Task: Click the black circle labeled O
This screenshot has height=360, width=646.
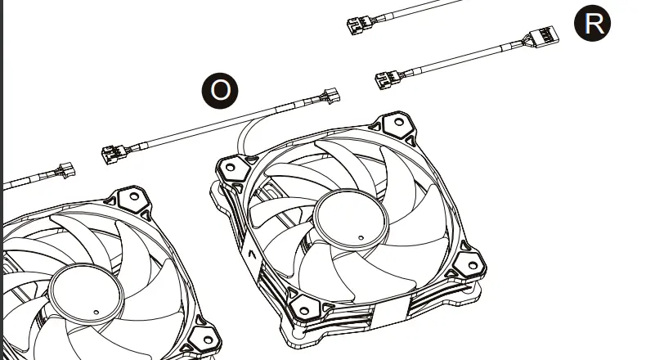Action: [220, 91]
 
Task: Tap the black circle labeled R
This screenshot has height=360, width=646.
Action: [592, 23]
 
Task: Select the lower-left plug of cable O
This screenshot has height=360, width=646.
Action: [113, 154]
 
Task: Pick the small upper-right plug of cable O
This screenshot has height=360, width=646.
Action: [332, 96]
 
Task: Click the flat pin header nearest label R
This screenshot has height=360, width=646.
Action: [544, 37]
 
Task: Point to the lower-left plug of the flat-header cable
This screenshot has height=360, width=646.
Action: [387, 79]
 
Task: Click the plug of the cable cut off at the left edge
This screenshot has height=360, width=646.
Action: [66, 170]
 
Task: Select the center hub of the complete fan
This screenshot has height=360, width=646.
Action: [351, 220]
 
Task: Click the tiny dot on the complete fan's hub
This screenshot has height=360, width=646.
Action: [361, 237]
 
